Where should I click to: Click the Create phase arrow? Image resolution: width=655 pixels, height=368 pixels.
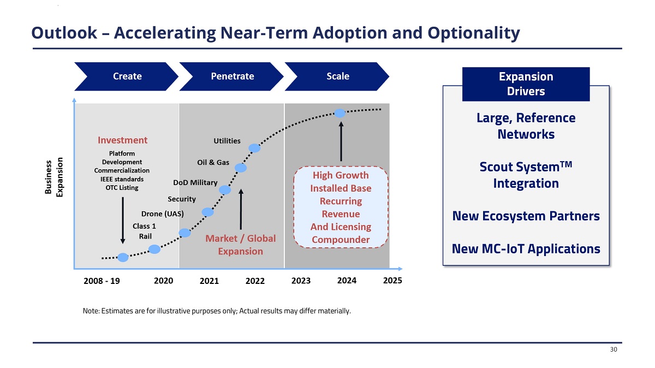point(127,76)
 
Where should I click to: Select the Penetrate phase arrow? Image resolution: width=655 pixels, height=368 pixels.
point(232,76)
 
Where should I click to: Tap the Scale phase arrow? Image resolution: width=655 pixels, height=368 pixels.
point(337,76)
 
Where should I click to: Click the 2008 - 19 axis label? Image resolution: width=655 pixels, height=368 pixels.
point(102,281)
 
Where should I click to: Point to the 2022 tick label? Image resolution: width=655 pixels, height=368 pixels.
point(255,281)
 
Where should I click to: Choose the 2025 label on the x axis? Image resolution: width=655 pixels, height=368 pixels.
point(392,280)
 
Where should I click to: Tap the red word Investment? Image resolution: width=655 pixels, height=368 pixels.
point(123,140)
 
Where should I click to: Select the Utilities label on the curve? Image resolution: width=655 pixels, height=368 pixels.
point(227,141)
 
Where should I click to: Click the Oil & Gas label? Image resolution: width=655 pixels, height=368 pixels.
point(213,163)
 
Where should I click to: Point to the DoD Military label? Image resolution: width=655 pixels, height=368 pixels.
point(195,182)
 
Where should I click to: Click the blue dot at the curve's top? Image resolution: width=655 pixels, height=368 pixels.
point(340,113)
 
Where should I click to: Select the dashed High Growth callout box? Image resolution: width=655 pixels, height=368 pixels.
point(341,207)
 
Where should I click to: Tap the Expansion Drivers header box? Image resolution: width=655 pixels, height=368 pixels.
point(526,84)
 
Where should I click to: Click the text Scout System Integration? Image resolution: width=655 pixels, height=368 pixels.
point(526,175)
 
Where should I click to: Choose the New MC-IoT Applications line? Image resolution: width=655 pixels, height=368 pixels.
point(526,250)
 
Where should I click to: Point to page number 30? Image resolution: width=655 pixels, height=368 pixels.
point(614,350)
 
